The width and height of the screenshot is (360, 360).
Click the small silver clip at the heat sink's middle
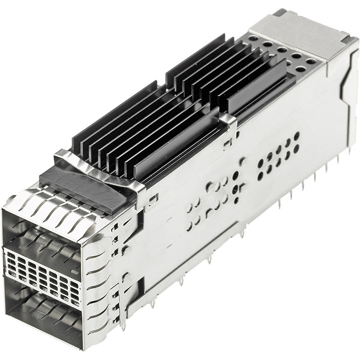coord(228,124)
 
